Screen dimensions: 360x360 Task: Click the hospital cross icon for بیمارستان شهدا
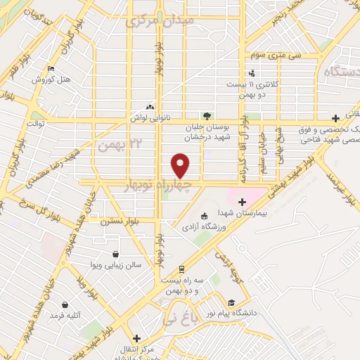(242, 202)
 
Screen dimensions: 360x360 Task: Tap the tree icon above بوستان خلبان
(206, 116)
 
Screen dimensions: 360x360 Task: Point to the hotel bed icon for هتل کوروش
(51, 69)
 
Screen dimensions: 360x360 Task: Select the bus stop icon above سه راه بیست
(181, 269)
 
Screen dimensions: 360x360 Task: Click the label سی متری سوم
(280, 55)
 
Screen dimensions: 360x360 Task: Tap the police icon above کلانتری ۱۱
(252, 73)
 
